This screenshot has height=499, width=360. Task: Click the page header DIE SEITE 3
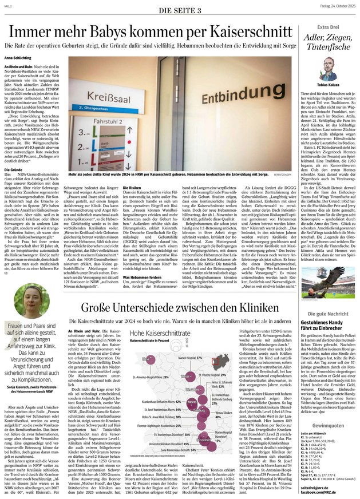point(180,10)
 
